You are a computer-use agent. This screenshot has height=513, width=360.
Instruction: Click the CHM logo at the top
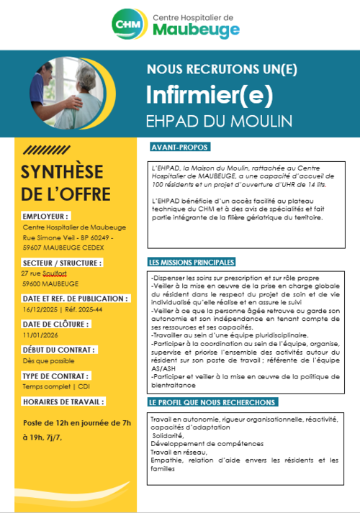(x=127, y=24)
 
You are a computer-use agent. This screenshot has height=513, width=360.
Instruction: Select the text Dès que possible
(x=44, y=360)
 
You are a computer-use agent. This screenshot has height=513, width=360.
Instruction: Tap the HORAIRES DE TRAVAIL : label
(x=60, y=401)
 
